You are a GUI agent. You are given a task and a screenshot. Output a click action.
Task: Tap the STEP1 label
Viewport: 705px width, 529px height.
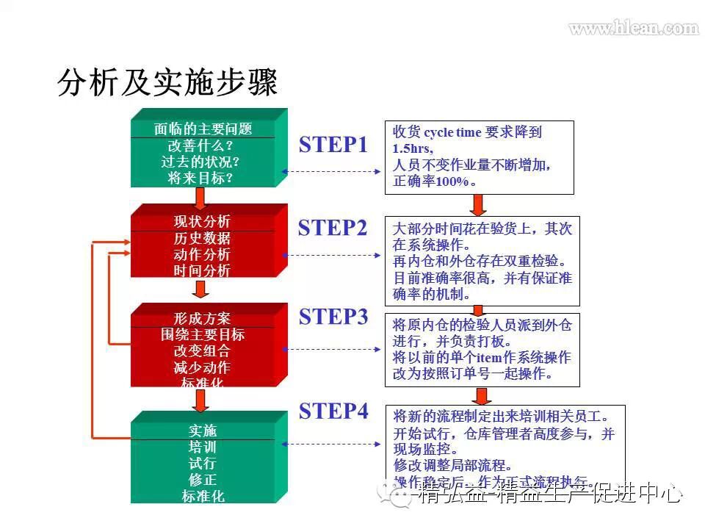click(333, 145)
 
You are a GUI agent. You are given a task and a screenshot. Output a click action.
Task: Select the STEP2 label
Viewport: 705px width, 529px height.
click(333, 228)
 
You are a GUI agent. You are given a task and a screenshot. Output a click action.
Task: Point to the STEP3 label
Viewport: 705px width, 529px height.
click(333, 317)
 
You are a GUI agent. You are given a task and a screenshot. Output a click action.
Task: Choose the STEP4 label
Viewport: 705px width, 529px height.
click(333, 411)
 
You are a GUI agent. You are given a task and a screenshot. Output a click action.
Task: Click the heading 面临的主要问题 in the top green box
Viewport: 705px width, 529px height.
click(203, 129)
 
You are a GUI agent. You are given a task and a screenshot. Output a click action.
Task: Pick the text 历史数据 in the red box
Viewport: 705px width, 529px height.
click(202, 238)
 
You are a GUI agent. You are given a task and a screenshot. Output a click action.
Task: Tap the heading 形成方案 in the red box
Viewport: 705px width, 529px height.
click(202, 319)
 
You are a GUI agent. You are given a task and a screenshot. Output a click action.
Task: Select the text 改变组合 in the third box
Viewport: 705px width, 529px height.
click(202, 351)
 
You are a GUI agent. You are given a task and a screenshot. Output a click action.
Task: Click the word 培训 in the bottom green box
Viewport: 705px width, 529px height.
click(202, 447)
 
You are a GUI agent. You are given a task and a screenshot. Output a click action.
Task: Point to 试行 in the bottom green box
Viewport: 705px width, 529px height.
click(202, 464)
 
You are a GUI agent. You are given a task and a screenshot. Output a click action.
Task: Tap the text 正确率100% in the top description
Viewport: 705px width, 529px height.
click(433, 181)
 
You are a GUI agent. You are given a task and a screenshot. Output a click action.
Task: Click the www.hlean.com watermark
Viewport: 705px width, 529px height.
click(633, 29)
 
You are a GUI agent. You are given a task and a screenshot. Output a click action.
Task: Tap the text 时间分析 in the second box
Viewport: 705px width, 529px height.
click(202, 270)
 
